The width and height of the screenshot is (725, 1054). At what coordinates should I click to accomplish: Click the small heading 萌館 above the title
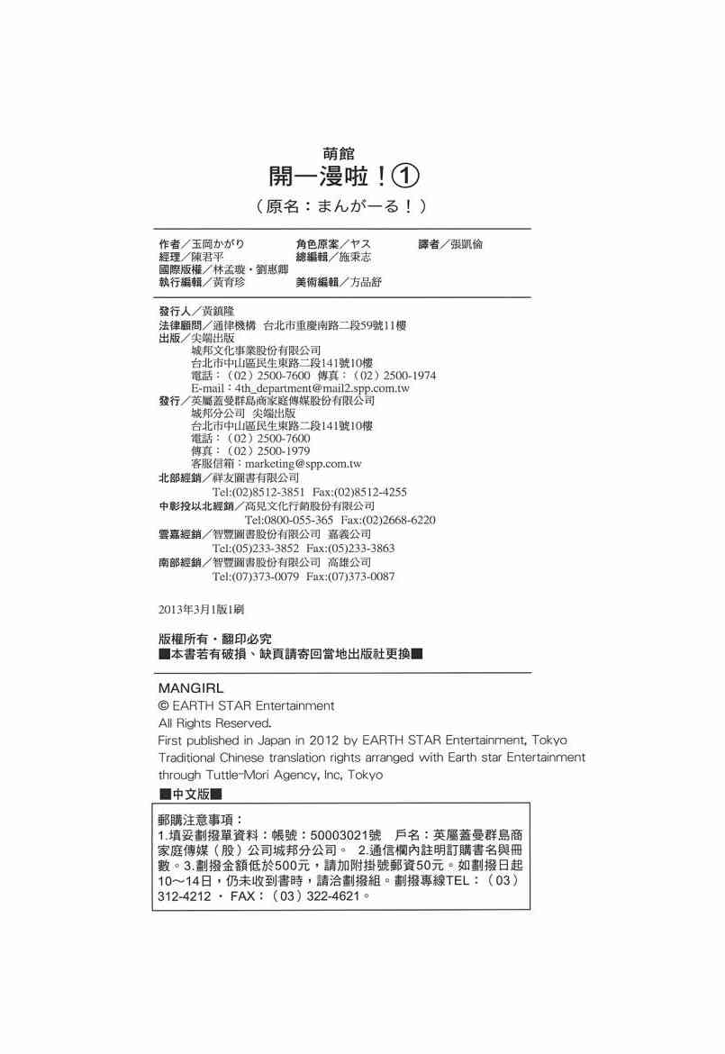[338, 153]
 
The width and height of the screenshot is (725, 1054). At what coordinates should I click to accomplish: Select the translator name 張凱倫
[473, 244]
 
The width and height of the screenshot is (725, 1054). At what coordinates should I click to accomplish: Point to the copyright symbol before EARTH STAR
[163, 705]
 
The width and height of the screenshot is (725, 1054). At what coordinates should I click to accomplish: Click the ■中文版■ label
[189, 794]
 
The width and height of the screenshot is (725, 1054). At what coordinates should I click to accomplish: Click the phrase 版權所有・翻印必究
[214, 638]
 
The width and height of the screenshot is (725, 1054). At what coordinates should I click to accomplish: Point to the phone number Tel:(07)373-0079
[255, 576]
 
